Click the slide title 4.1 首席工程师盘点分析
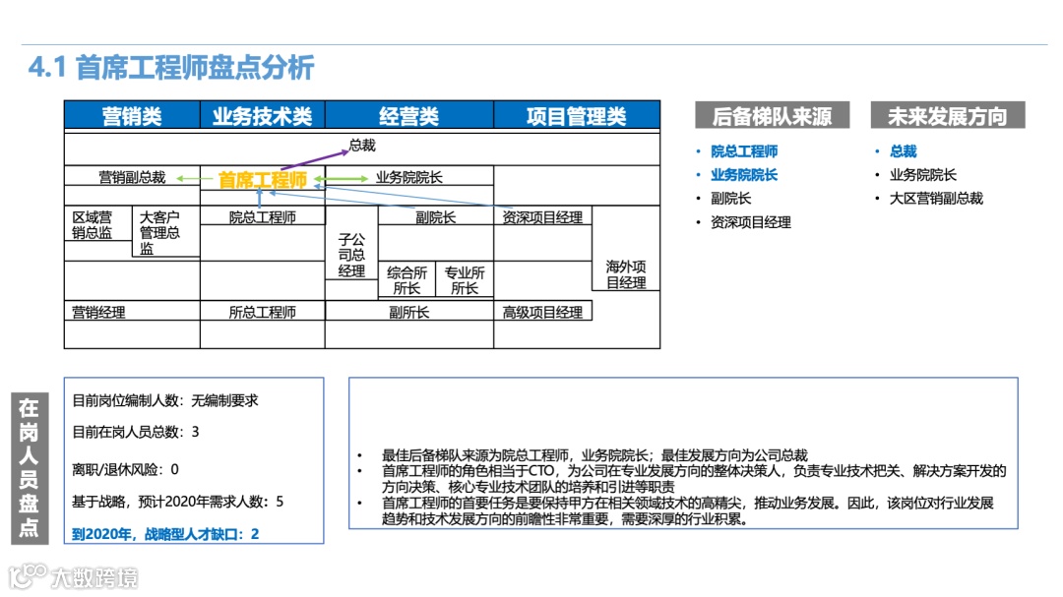click(171, 68)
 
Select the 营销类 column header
click(132, 116)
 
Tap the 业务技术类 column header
click(262, 116)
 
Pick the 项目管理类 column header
click(576, 116)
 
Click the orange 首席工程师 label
click(263, 180)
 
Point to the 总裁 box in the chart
click(362, 146)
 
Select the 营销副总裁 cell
click(132, 178)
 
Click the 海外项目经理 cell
click(626, 274)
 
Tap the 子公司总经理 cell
click(351, 255)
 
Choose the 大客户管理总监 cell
click(158, 233)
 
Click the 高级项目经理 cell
click(542, 313)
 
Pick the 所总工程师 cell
click(262, 313)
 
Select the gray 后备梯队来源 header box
click(772, 116)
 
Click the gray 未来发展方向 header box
click(947, 116)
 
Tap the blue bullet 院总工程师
click(744, 151)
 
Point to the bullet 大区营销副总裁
click(936, 198)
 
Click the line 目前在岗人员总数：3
click(136, 432)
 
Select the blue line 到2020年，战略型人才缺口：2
click(166, 534)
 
